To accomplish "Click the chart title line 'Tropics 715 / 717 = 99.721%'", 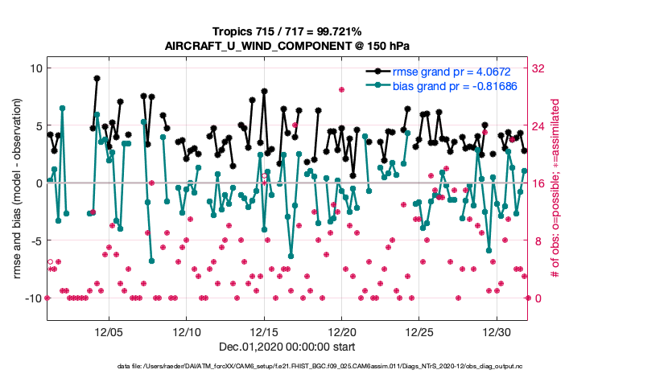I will click(x=288, y=31).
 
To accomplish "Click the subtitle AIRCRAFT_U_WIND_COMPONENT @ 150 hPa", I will click(x=288, y=45).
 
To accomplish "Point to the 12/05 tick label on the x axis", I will click(x=109, y=331).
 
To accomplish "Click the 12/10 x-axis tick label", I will click(x=187, y=331).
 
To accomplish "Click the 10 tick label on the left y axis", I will click(x=35, y=68).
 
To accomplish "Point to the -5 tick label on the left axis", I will click(x=35, y=240).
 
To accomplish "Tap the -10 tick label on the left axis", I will click(x=31, y=298).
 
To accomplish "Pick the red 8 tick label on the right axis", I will click(x=537, y=240).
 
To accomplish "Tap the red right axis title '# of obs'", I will click(x=556, y=183).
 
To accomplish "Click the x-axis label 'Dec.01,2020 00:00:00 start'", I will click(x=288, y=347).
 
